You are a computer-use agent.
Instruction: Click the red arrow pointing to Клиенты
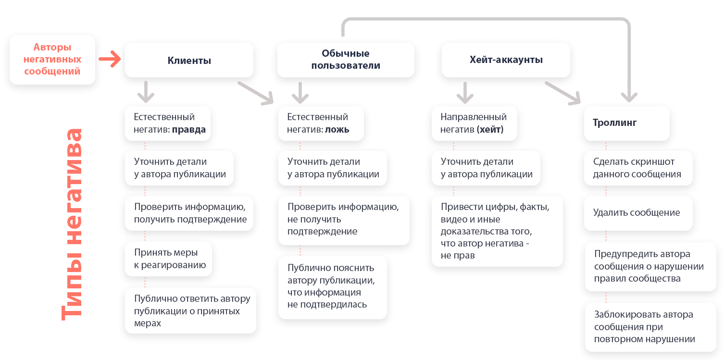[x=110, y=59]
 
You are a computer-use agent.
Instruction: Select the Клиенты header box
[x=189, y=60]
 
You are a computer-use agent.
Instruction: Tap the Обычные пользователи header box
[x=346, y=60]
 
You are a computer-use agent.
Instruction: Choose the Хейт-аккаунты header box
[x=506, y=60]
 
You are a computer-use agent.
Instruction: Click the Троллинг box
[x=626, y=123]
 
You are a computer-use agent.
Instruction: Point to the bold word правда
[x=188, y=129]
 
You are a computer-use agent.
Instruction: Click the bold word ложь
[x=337, y=129]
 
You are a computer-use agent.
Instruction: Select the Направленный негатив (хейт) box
[x=474, y=123]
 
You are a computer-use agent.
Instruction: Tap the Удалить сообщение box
[x=638, y=213]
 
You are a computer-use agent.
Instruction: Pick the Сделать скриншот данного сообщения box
[x=638, y=168]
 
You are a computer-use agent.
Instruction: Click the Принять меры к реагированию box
[x=168, y=259]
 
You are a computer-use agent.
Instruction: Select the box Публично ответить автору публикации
[x=191, y=310]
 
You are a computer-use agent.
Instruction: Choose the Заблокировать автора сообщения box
[x=650, y=327]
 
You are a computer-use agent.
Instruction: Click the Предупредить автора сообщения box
[x=650, y=267]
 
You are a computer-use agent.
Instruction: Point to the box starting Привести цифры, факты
[x=497, y=231]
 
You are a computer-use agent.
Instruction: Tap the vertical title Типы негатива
[x=72, y=224]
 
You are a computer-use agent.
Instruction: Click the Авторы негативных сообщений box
[x=52, y=60]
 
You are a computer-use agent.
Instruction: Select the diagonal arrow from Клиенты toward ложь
[x=256, y=93]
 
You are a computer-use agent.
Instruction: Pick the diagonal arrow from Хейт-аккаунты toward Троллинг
[x=563, y=93]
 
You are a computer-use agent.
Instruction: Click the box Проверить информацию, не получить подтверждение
[x=344, y=220]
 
